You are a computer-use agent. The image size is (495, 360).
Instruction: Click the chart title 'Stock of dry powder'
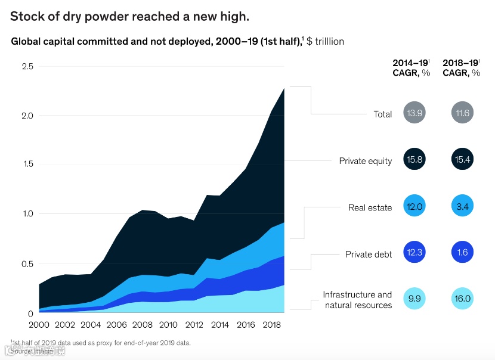129,16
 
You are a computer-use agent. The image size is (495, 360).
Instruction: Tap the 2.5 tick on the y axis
26,66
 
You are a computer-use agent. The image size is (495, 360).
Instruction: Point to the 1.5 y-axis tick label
26,165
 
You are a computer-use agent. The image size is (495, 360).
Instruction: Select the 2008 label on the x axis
143,325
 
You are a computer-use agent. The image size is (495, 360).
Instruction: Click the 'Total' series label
383,114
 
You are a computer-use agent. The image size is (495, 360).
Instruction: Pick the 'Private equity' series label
366,161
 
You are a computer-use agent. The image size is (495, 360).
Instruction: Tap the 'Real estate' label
370,208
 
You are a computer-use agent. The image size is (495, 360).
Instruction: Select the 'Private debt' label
369,255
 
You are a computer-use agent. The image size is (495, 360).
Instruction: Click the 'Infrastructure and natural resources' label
358,300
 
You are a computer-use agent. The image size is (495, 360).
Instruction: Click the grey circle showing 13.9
414,113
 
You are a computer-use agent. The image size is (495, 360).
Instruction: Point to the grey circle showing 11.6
463,113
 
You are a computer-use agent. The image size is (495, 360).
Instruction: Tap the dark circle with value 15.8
414,160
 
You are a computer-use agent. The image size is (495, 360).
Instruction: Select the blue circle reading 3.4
463,206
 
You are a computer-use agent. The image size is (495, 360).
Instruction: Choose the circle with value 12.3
414,253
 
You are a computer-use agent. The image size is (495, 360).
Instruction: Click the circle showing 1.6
463,253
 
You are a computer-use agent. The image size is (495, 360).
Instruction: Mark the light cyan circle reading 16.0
463,299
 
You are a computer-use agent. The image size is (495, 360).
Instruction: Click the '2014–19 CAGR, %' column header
412,67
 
